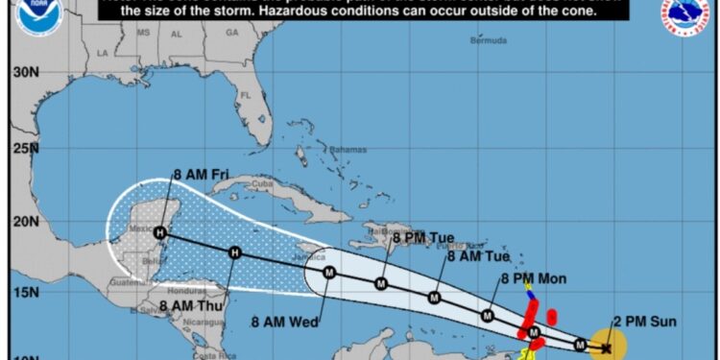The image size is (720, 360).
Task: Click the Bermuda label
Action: pos(490,40)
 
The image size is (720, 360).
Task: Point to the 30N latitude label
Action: pos(26,72)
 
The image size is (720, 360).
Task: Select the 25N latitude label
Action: pos(26,147)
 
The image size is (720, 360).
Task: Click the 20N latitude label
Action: pos(26,221)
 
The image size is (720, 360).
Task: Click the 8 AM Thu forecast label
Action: pos(188,306)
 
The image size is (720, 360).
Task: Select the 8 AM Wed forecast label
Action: pos(286,319)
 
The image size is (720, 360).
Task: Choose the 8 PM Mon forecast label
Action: pos(534,278)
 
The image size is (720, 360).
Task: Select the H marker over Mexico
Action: pos(160,232)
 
